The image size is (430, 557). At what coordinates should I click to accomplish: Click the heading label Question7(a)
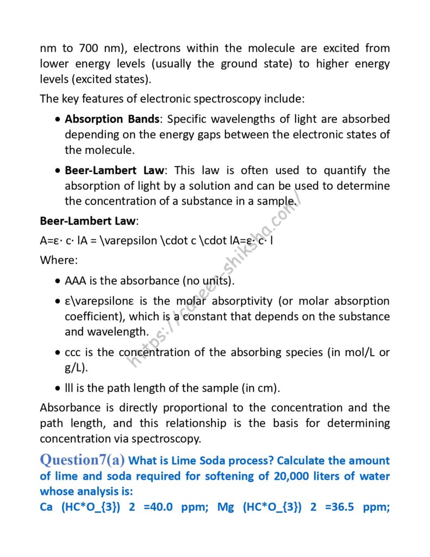[x=82, y=460]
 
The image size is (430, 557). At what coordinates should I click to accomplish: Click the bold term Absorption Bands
[x=113, y=119]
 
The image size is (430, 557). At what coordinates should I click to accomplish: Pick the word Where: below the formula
[x=59, y=259]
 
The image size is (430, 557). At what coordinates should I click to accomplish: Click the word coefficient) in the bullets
[x=93, y=316]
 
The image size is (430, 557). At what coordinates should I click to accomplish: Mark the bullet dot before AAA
[x=58, y=281]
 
